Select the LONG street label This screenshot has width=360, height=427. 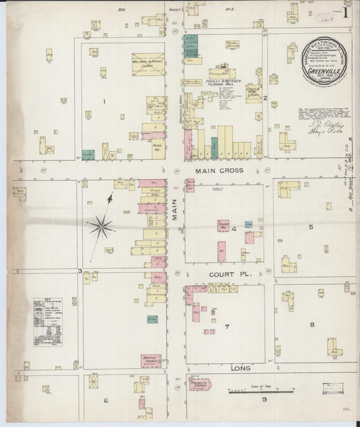pyautogui.click(x=241, y=368)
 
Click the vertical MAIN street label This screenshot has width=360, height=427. pyautogui.click(x=174, y=216)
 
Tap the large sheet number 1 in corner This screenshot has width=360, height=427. pyautogui.click(x=345, y=12)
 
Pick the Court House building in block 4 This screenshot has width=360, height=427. pyautogui.click(x=222, y=226)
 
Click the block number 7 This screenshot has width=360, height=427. pyautogui.click(x=228, y=328)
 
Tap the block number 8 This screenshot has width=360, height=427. pyautogui.click(x=312, y=325)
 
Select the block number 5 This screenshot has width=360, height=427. pyautogui.click(x=311, y=226)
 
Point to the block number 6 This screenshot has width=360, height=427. pyautogui.click(x=106, y=400)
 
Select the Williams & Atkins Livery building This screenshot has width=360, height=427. pyautogui.click(x=147, y=62)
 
